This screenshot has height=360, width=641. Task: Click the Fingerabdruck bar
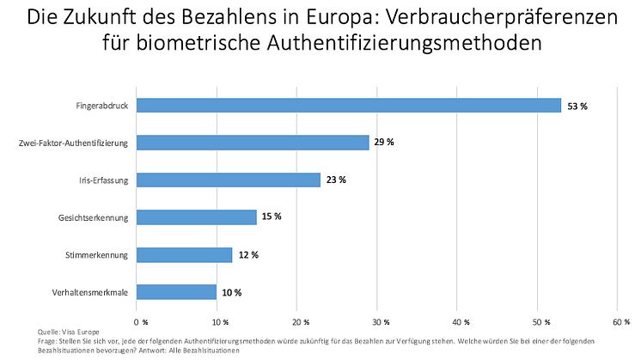pos(348,105)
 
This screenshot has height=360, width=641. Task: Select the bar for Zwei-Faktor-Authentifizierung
pos(253,143)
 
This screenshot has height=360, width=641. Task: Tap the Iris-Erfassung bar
pos(229,180)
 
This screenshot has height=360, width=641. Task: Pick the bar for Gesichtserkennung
pos(197,217)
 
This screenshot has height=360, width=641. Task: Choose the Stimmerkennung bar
pos(185,254)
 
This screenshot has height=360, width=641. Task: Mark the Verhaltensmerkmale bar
pos(176,292)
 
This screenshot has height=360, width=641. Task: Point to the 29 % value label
pos(384,143)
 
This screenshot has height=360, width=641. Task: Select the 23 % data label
pos(336,180)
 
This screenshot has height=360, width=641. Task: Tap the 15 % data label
pos(272,217)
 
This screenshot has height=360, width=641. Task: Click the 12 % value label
pos(248,254)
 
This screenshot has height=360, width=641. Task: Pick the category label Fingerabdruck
pos(102,106)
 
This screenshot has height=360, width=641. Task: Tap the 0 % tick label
pos(139,321)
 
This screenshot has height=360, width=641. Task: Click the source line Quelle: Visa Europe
pos(68,331)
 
